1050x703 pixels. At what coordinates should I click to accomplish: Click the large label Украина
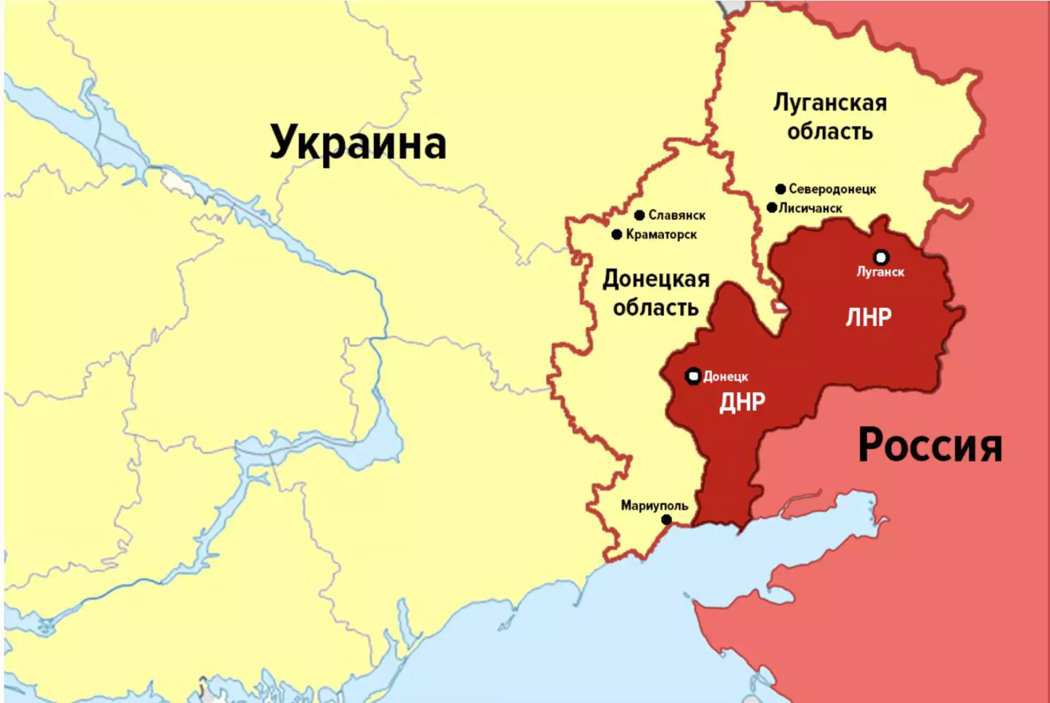coord(358,142)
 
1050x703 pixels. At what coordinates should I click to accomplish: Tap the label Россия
coord(930,446)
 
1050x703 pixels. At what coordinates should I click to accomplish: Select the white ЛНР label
coord(868,318)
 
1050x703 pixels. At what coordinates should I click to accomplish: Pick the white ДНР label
coord(742,402)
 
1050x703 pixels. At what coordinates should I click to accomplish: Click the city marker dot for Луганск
coord(881,257)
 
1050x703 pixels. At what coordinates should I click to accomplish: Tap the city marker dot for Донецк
coord(693,376)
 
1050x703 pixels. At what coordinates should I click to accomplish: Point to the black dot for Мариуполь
coord(667,519)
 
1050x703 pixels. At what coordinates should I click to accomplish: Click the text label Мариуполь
coord(654,505)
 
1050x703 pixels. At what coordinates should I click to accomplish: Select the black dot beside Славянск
coord(640,215)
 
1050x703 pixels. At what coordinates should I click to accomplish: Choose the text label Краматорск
coord(661,234)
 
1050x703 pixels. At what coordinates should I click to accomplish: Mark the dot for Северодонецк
coord(780,189)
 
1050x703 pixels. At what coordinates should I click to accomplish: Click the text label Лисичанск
coord(810,208)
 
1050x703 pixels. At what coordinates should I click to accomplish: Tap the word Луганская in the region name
coord(829,103)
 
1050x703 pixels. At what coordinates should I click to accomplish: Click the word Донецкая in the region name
coord(656,279)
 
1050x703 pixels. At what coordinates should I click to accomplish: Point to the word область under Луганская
coord(829,132)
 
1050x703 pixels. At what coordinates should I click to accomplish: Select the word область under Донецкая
coord(656,307)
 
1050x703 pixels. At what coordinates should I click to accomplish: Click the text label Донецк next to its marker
coord(726,377)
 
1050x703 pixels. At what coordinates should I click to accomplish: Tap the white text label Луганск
coord(880,272)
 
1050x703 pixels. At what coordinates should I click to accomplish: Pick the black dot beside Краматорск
coord(617,234)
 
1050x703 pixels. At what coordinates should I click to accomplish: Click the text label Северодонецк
coord(832,189)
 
